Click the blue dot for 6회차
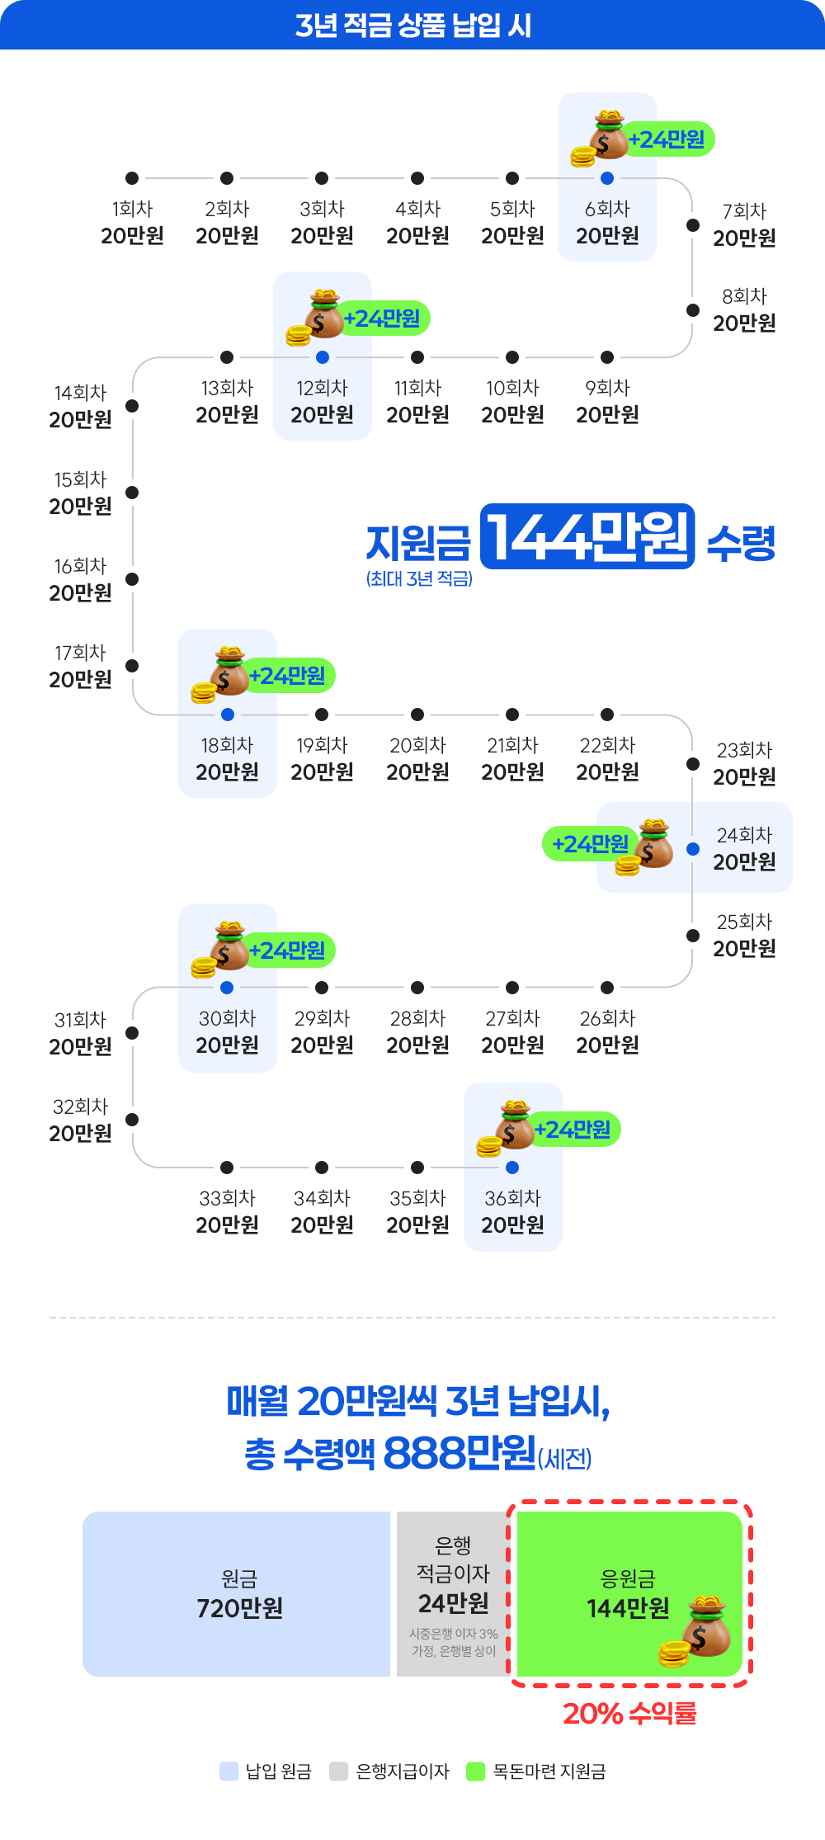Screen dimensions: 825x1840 (x=607, y=178)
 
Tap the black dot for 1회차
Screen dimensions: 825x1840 (x=132, y=178)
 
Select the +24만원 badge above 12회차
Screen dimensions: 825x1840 (x=383, y=318)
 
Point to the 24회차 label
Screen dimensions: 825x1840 (x=744, y=835)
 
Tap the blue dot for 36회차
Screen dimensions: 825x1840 (x=512, y=1168)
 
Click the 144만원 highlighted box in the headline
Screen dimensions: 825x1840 (x=587, y=536)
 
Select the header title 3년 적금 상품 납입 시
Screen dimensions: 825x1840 (x=412, y=26)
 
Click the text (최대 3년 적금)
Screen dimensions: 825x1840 (x=419, y=579)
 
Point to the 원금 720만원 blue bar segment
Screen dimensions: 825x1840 (x=237, y=1593)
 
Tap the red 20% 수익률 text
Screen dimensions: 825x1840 (x=629, y=1714)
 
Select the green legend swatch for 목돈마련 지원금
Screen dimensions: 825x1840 (x=475, y=1772)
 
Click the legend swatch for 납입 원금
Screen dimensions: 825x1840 (x=229, y=1772)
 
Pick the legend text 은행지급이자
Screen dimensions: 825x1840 (x=403, y=1772)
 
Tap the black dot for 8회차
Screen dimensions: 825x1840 (x=693, y=310)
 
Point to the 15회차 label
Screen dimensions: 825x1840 (x=81, y=479)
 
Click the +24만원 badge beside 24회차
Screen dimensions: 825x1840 (x=589, y=844)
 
